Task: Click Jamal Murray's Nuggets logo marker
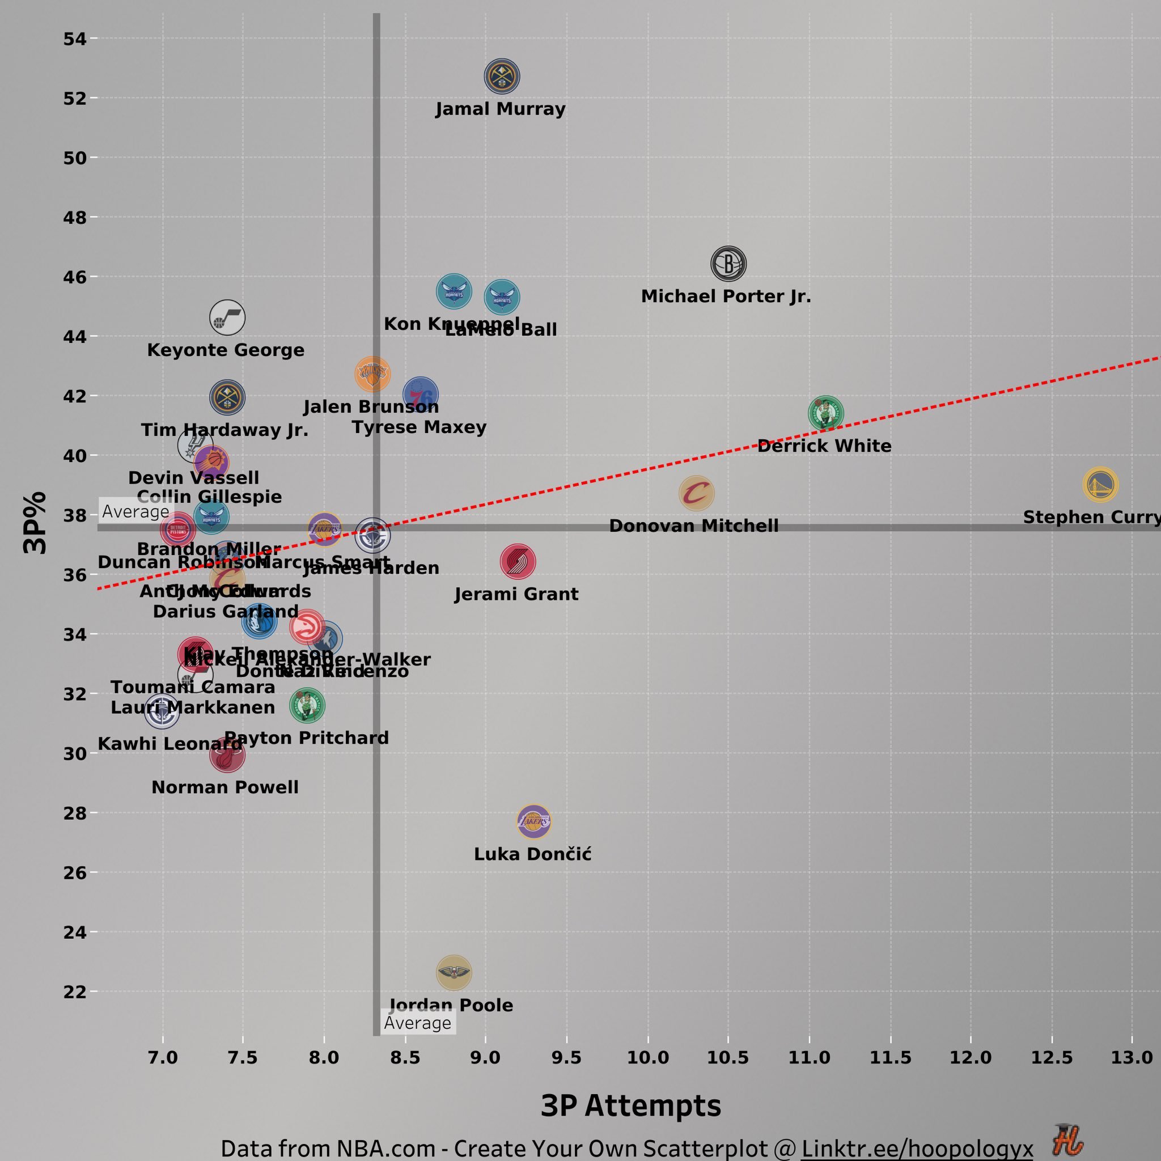pyautogui.click(x=502, y=77)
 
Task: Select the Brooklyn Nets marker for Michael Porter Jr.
pyautogui.click(x=728, y=264)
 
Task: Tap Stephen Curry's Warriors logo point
pyautogui.click(x=1100, y=484)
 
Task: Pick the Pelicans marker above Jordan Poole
pyautogui.click(x=454, y=972)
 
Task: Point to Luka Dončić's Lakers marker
pyautogui.click(x=533, y=821)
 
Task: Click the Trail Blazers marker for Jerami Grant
pyautogui.click(x=518, y=561)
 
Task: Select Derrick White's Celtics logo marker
pyautogui.click(x=825, y=413)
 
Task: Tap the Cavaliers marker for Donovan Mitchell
pyautogui.click(x=697, y=493)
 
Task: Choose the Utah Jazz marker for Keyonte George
pyautogui.click(x=227, y=317)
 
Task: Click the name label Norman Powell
pyautogui.click(x=224, y=787)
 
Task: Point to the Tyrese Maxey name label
pyautogui.click(x=419, y=427)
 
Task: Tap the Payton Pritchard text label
pyautogui.click(x=307, y=738)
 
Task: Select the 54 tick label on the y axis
pyautogui.click(x=75, y=39)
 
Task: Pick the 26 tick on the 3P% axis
pyautogui.click(x=75, y=872)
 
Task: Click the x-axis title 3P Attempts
pyautogui.click(x=630, y=1105)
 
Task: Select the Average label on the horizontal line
pyautogui.click(x=136, y=511)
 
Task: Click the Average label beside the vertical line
pyautogui.click(x=418, y=1023)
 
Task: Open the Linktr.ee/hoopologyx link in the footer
pyautogui.click(x=917, y=1148)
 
